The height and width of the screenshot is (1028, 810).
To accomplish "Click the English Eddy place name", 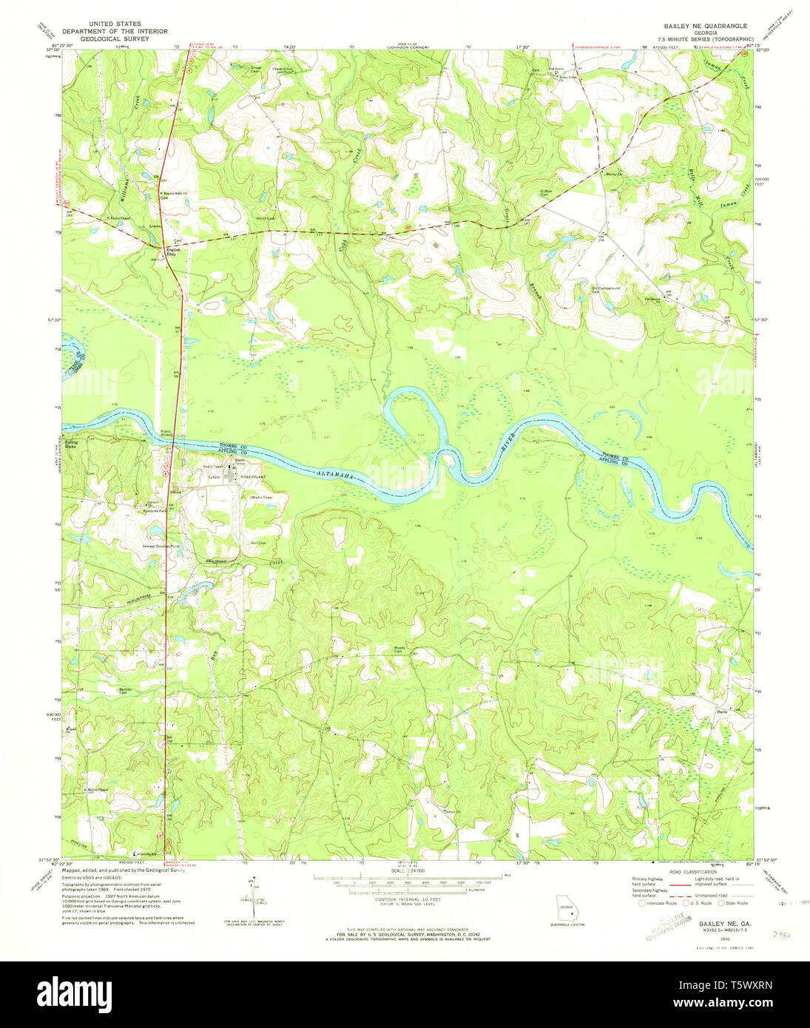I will tap(173, 250).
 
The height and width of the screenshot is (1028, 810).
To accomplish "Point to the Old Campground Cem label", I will tap(605, 290).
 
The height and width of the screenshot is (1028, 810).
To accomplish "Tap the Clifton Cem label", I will tap(546, 192).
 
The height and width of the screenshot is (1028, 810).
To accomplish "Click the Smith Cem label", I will tap(266, 218).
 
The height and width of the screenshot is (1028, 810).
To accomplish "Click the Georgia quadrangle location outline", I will tap(566, 908).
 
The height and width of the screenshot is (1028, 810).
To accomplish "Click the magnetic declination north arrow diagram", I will tap(254, 895).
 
